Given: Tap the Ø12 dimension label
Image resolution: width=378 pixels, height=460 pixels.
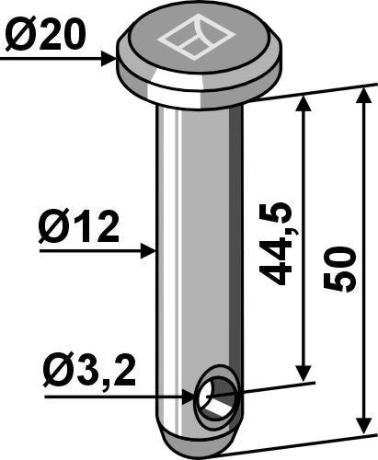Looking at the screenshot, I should click(79, 227).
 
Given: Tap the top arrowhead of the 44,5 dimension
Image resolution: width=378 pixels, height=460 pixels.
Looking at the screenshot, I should click(304, 104).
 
